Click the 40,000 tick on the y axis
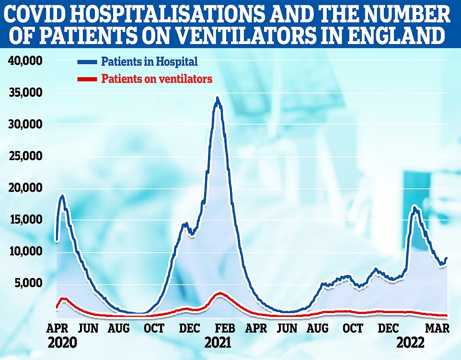click(x=26, y=61)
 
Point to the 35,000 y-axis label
click(x=26, y=93)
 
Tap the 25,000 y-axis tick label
click(x=26, y=156)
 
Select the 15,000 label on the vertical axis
click(x=26, y=220)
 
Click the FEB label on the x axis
click(x=225, y=328)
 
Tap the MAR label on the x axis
click(x=438, y=328)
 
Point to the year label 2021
click(x=218, y=343)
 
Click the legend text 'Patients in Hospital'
click(x=149, y=61)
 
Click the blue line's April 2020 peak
click(x=62, y=196)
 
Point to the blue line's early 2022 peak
click(x=415, y=207)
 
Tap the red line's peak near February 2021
click(x=219, y=293)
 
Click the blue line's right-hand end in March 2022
click(x=447, y=258)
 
